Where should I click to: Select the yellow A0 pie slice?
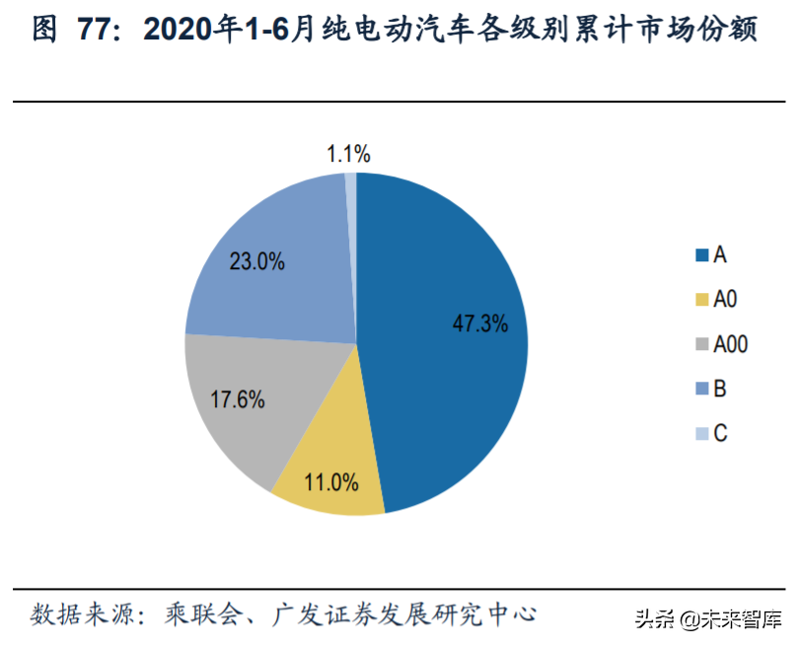330,464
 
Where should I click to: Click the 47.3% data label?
479,323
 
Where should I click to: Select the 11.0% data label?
329,483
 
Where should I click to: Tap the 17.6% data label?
238,399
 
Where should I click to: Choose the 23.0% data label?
256,261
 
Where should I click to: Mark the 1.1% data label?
348,153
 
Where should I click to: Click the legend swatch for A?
701,255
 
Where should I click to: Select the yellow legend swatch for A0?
701,300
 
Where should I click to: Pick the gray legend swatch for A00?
701,344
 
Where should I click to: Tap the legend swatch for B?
701,389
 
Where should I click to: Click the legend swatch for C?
701,433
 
